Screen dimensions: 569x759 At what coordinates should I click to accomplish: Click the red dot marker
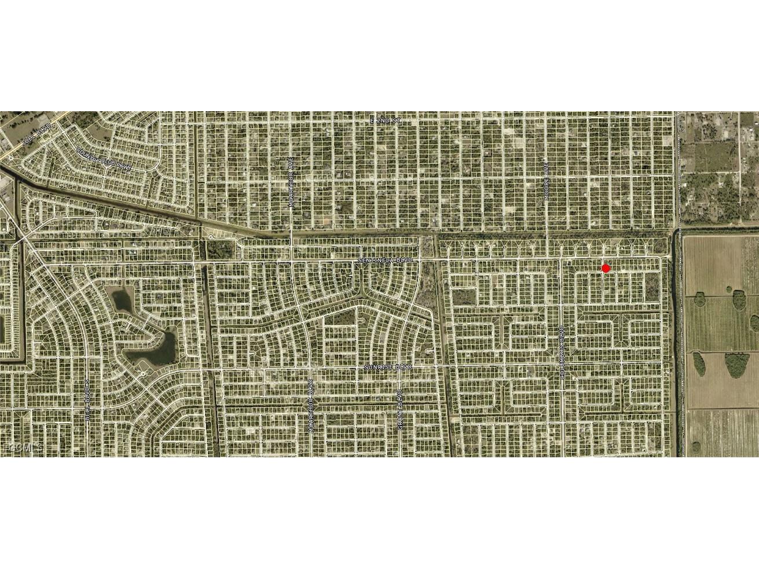pyautogui.click(x=606, y=268)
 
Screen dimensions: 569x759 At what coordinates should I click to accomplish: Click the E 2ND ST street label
pyautogui.click(x=386, y=120)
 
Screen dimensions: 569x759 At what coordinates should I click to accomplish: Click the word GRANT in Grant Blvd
pyautogui.click(x=399, y=419)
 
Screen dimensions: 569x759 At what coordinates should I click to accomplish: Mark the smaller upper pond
pyautogui.click(x=122, y=300)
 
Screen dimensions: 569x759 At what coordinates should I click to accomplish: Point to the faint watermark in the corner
pyautogui.click(x=23, y=447)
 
